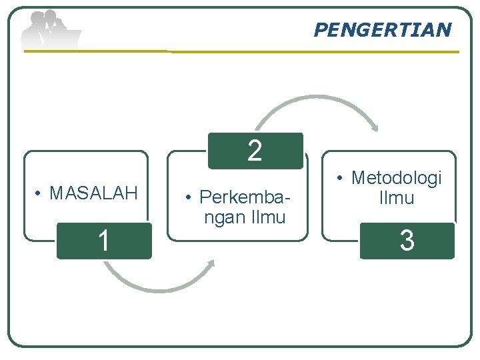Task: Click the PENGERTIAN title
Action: coord(382,30)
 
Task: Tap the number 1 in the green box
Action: coord(103,241)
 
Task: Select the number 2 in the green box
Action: coord(255,151)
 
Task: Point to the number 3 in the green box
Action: coord(407,241)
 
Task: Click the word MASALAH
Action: coord(93,193)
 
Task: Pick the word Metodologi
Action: coord(397,178)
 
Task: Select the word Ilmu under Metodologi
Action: coord(396,198)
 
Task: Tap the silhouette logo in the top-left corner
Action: coord(50,30)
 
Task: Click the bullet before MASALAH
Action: coord(40,194)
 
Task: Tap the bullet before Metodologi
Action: coord(341,179)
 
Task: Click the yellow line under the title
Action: coord(313,52)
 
